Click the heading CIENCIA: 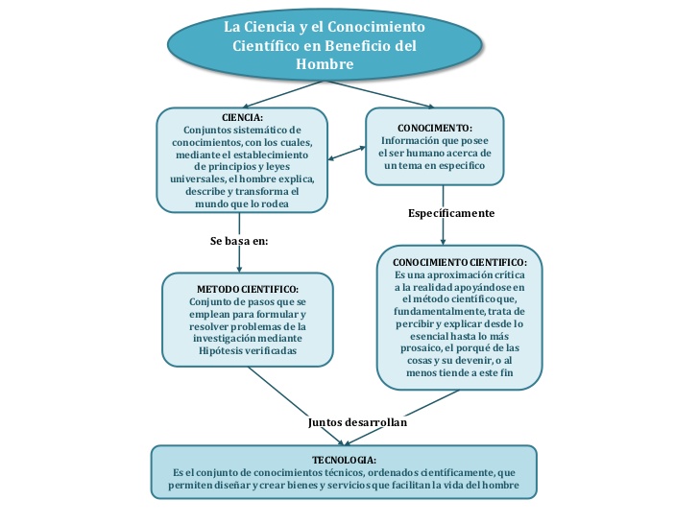click(241, 117)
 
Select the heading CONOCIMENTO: click(434, 128)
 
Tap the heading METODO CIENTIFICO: click(248, 289)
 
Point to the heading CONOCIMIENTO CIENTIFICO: click(459, 262)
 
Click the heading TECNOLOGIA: click(343, 460)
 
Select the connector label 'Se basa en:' click(239, 241)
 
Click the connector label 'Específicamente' click(450, 211)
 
